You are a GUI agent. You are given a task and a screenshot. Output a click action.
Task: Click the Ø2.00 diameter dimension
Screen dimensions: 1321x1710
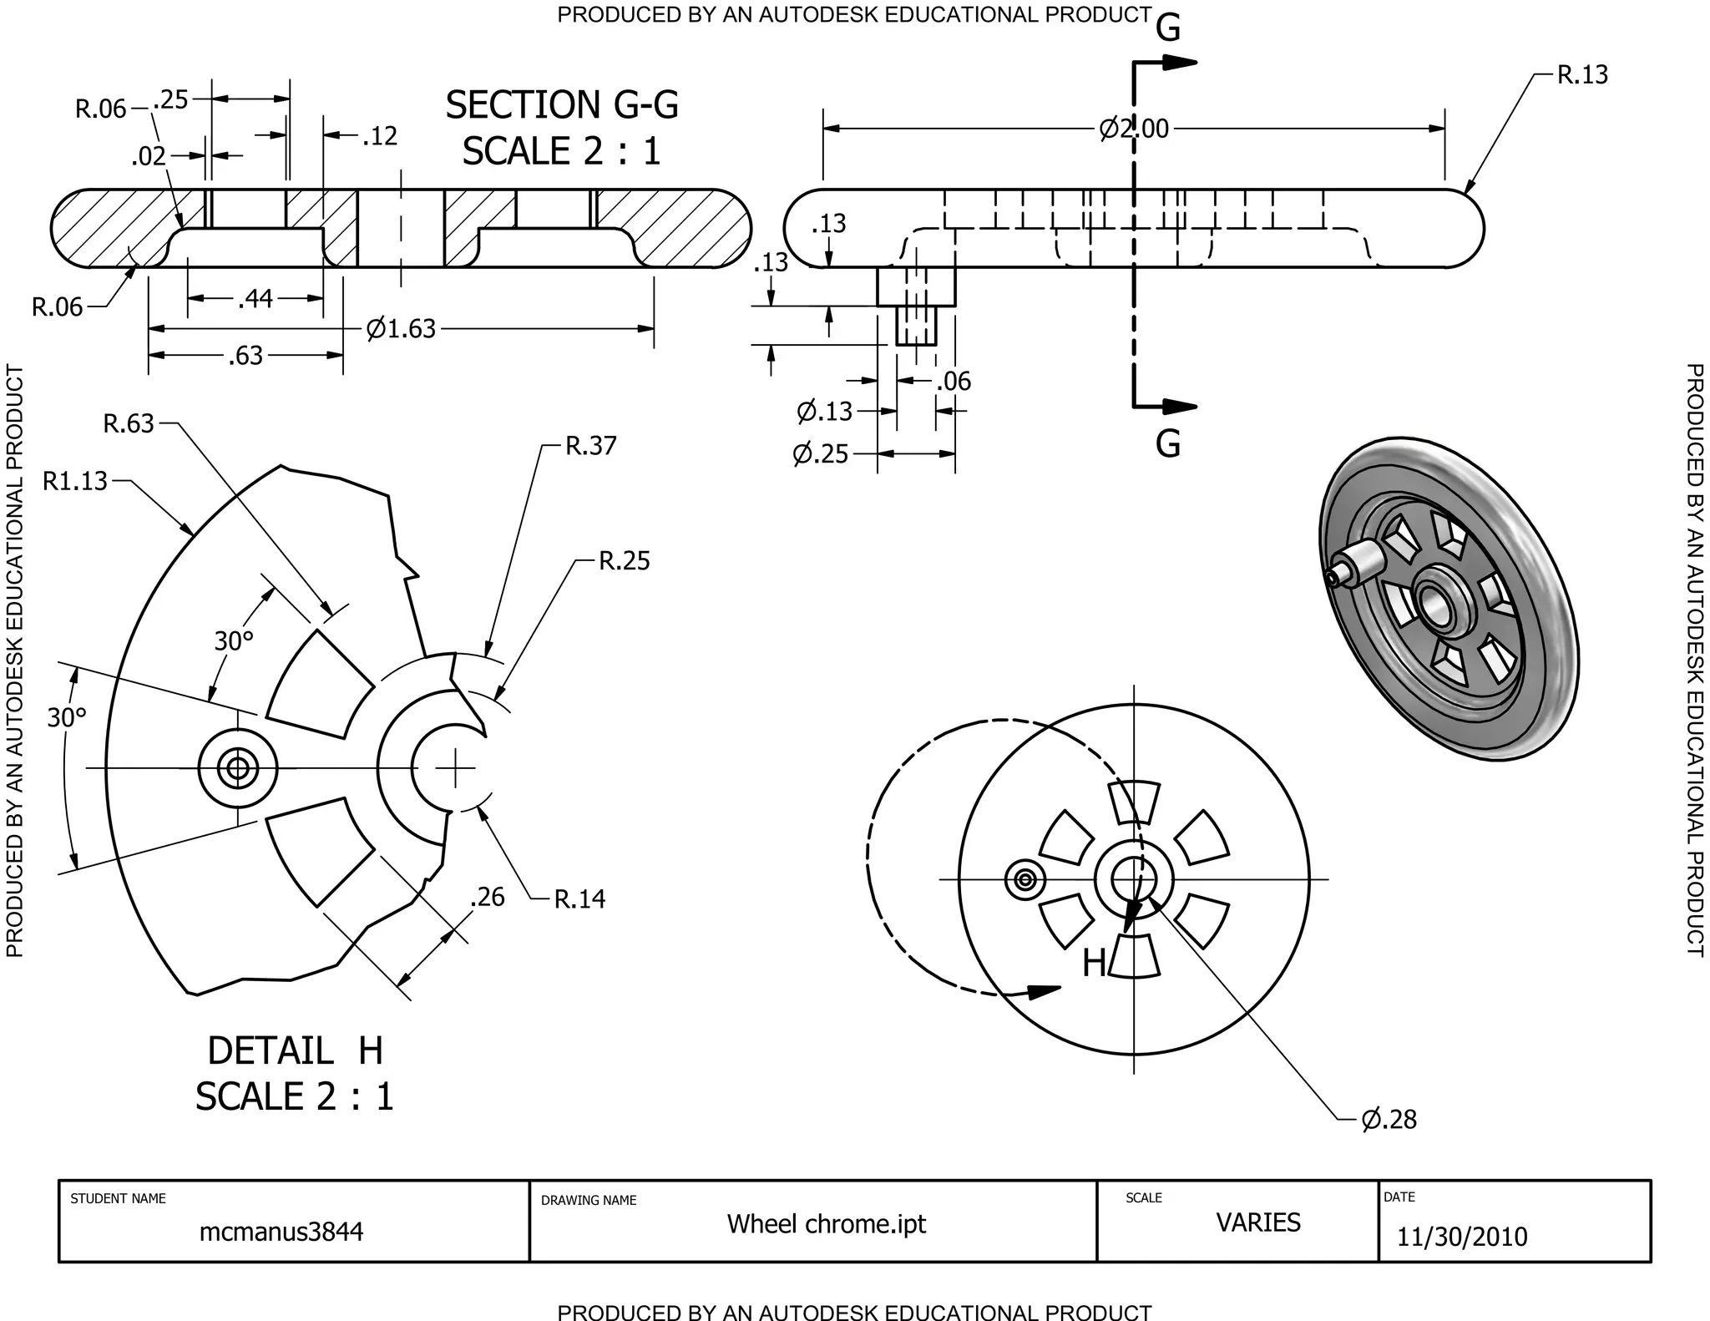[x=1134, y=129]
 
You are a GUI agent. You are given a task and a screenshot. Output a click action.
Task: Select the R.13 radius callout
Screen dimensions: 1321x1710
[x=1582, y=75]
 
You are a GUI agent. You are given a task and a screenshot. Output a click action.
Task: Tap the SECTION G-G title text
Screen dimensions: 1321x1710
[x=561, y=106]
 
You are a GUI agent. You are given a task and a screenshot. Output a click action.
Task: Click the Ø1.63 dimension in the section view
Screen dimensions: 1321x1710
[x=401, y=329]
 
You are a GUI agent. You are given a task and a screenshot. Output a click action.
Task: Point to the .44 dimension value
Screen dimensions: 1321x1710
[x=255, y=299]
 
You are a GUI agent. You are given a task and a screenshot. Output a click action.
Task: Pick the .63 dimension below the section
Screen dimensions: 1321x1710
[x=245, y=357]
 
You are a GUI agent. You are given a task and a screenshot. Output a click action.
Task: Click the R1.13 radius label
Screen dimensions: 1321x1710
[x=75, y=481]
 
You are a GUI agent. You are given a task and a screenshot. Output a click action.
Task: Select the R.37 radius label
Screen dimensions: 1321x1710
[x=590, y=446]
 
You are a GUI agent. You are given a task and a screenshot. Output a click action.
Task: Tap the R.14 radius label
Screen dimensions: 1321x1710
[x=579, y=899]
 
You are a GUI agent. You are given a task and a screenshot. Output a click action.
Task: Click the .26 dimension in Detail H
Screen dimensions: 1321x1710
[x=487, y=897]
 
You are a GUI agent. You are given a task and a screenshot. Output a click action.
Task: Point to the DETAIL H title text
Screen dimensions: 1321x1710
[x=295, y=1050]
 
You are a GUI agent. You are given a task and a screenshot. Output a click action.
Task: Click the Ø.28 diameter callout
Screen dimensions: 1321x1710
[x=1389, y=1119]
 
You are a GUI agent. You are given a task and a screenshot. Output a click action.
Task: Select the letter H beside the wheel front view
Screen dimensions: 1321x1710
[x=1094, y=964]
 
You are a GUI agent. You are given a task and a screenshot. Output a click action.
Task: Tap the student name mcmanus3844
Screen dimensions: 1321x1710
[x=281, y=1232]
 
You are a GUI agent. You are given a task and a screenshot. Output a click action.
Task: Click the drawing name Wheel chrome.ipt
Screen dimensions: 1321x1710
[x=826, y=1224]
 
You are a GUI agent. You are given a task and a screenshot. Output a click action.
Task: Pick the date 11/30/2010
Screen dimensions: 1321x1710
[x=1461, y=1237]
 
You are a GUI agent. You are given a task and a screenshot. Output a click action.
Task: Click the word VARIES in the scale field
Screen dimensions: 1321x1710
[x=1257, y=1222]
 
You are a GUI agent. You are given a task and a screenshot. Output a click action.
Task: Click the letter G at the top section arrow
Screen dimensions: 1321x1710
[x=1167, y=29]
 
